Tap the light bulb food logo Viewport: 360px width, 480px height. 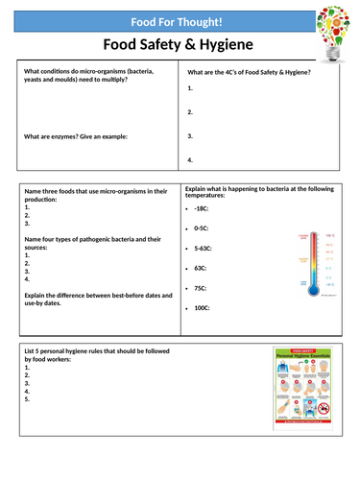(x=336, y=29)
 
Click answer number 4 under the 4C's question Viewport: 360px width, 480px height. (x=190, y=159)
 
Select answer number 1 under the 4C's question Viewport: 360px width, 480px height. (x=190, y=87)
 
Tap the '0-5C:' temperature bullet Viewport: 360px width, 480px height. (x=200, y=228)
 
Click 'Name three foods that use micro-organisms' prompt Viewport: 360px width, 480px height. (x=90, y=197)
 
